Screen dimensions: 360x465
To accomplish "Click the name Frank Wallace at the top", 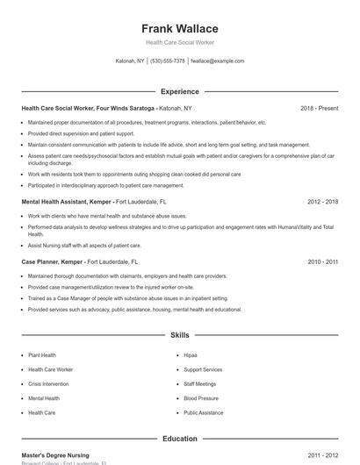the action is (179, 28).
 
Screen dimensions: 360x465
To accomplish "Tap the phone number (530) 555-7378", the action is (167, 61).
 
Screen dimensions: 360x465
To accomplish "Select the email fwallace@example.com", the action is (218, 61).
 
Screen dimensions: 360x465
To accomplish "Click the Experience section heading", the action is (179, 91).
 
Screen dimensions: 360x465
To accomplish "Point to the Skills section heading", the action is (179, 335).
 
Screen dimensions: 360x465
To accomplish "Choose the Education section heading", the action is (179, 439).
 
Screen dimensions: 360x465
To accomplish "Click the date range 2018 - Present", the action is (319, 109).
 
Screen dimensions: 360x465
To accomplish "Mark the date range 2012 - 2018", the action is (322, 202).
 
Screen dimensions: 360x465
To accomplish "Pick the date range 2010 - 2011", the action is (322, 261).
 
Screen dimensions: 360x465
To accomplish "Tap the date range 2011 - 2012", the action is (322, 456).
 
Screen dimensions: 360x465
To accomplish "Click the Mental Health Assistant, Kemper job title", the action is (67, 202).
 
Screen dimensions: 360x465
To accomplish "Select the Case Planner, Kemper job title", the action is (52, 261).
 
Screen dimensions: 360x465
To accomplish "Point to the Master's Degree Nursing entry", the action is (54, 456).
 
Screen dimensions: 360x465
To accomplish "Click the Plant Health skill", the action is (42, 355).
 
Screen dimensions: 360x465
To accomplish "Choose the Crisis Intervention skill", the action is (48, 383).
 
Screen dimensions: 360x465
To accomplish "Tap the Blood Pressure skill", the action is (201, 397).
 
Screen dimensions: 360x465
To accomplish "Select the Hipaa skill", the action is (191, 355).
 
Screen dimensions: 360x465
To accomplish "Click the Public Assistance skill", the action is (204, 411).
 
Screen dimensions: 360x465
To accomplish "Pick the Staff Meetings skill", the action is (199, 383).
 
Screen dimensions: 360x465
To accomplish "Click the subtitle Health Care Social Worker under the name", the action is (179, 42).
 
